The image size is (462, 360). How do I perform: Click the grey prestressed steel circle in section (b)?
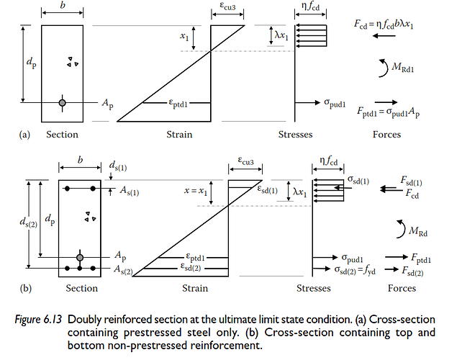pos(80,256)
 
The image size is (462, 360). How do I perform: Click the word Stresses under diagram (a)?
pos(295,135)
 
